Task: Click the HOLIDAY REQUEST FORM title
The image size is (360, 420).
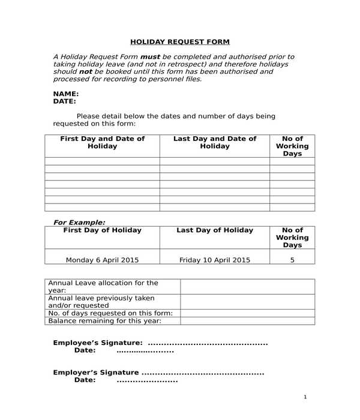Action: [x=180, y=42]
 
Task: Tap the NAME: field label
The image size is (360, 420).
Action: [x=66, y=94]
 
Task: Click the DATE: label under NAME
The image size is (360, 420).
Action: [x=65, y=101]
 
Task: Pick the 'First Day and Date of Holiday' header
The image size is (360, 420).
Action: [x=102, y=142]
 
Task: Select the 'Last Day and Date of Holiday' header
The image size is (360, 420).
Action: [x=214, y=142]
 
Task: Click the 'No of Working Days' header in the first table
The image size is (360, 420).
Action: [x=292, y=146]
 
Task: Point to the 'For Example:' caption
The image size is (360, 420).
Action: [x=79, y=222]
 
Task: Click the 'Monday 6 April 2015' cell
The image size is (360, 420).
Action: [x=102, y=260]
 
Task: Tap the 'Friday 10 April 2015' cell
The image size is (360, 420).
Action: [x=214, y=260]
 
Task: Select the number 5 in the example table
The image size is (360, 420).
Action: [x=292, y=260]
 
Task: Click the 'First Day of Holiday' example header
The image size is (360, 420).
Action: [x=102, y=230]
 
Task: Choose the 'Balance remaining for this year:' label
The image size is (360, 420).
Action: [x=104, y=321]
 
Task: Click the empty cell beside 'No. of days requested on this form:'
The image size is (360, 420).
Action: [x=247, y=313]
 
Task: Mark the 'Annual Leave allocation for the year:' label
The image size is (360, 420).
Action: [x=103, y=286]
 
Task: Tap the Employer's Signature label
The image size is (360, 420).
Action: [x=96, y=373]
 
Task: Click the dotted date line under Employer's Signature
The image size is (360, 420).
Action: [x=147, y=380]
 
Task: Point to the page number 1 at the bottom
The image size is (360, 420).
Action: [x=305, y=397]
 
